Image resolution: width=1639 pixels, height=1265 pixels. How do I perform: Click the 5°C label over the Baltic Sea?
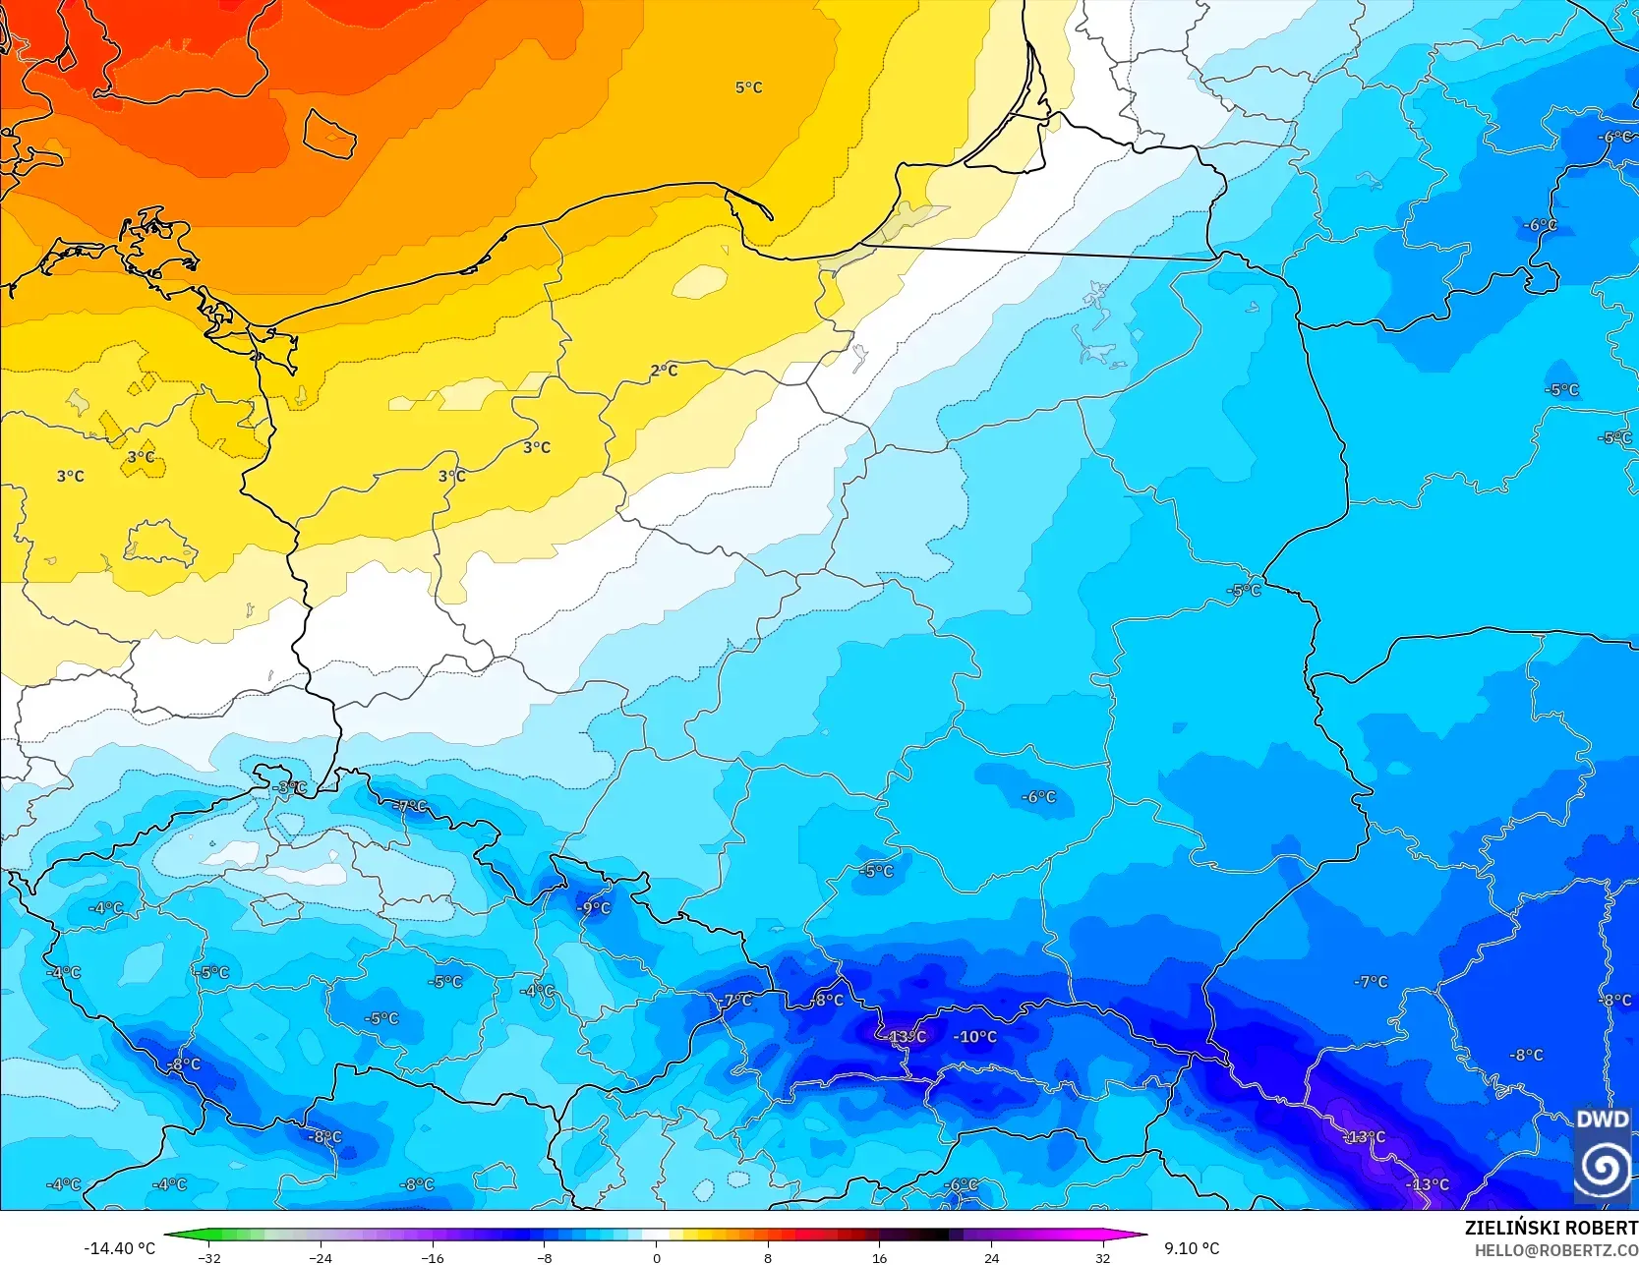pyautogui.click(x=748, y=87)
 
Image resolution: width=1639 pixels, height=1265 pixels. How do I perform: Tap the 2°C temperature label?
pyautogui.click(x=665, y=371)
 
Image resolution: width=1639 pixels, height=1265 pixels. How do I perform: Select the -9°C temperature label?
pyautogui.click(x=594, y=908)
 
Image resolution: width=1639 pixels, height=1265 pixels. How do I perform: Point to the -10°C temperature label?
pyautogui.click(x=975, y=1037)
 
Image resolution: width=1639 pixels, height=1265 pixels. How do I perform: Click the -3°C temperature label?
pyautogui.click(x=290, y=787)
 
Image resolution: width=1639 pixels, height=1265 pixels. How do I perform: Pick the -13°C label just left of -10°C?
pyautogui.click(x=904, y=1037)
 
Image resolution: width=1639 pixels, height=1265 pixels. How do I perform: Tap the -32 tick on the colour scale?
pyautogui.click(x=209, y=1257)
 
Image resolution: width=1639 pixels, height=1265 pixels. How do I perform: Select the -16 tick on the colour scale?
pyautogui.click(x=433, y=1257)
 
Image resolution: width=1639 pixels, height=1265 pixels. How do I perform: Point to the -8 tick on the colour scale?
pyautogui.click(x=545, y=1257)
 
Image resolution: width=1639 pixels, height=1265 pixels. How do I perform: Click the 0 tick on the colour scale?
pyautogui.click(x=657, y=1257)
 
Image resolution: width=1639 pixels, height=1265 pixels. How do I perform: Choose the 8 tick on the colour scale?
pyautogui.click(x=768, y=1257)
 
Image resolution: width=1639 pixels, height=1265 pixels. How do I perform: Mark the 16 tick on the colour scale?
pyautogui.click(x=880, y=1257)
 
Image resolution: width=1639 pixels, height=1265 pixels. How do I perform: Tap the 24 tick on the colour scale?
pyautogui.click(x=991, y=1257)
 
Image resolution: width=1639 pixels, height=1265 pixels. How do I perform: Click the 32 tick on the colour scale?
pyautogui.click(x=1103, y=1257)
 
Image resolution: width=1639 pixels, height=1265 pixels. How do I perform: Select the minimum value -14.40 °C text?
pyautogui.click(x=119, y=1248)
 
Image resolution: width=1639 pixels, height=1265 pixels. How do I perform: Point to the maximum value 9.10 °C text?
pyautogui.click(x=1192, y=1248)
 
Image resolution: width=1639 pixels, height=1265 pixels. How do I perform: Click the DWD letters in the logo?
pyautogui.click(x=1602, y=1120)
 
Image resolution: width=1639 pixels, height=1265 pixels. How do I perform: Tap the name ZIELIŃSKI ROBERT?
pyautogui.click(x=1551, y=1228)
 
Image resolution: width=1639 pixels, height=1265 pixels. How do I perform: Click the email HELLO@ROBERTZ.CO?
pyautogui.click(x=1555, y=1250)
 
